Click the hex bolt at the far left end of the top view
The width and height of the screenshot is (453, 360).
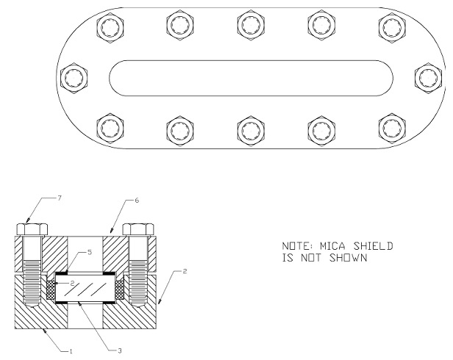coord(74,78)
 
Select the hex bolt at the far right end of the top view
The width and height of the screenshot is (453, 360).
coord(428,78)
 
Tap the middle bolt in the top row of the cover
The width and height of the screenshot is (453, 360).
coord(251,25)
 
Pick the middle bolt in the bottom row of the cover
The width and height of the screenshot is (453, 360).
coord(251,131)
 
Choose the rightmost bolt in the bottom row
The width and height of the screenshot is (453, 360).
coord(392,129)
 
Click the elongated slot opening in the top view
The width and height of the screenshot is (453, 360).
coord(251,78)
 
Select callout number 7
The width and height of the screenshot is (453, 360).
coord(60,198)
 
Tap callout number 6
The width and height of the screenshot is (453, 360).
coord(137,200)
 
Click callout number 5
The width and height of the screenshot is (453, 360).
coord(90,252)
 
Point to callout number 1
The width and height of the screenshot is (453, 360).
coord(70,351)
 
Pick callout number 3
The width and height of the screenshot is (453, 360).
coord(120,351)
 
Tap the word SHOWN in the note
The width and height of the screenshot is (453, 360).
coord(349,258)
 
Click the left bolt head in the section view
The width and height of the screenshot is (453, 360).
coord(32,229)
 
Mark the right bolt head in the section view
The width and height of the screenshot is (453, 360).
coord(138,229)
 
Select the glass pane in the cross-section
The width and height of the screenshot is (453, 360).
coord(85,288)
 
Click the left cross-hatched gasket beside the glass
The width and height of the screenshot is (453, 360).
coord(51,290)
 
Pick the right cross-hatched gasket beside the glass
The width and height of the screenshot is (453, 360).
coord(120,290)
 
